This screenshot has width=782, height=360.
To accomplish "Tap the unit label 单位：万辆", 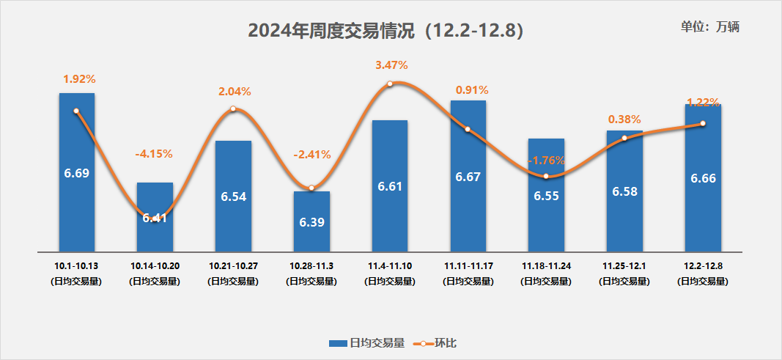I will click(710, 27).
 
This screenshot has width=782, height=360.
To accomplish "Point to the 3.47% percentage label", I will click(391, 65).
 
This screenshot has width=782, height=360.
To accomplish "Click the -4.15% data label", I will click(154, 154).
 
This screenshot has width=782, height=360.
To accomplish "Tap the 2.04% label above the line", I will click(235, 92).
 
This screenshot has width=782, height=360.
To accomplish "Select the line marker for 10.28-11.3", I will click(311, 188).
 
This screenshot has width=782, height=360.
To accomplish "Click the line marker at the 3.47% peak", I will click(390, 84).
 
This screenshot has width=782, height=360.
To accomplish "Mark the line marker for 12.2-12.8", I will click(703, 123).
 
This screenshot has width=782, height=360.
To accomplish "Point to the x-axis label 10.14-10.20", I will click(154, 264).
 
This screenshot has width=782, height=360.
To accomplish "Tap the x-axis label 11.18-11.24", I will click(546, 264).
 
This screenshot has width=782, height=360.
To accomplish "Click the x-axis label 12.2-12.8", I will click(702, 264).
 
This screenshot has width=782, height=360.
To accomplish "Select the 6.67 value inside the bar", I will click(468, 177).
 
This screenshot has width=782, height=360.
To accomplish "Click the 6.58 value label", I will click(624, 191).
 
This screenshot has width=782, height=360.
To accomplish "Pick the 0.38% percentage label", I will click(624, 119).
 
